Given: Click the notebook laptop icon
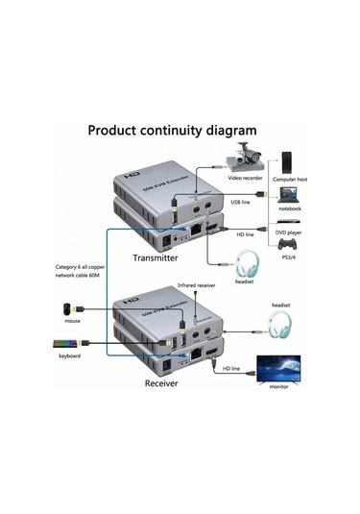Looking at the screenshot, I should [289, 195].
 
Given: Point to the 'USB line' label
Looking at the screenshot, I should [240, 202].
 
